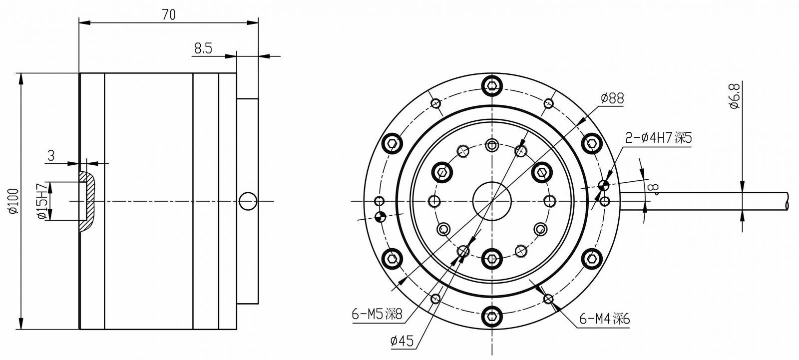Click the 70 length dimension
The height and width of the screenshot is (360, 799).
click(169, 14)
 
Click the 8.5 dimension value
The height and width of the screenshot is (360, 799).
click(203, 48)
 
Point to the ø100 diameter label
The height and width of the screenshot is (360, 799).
click(13, 201)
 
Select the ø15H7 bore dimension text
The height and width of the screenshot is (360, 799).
click(41, 201)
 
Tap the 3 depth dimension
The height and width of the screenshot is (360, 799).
click(51, 156)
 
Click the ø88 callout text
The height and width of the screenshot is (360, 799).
click(612, 98)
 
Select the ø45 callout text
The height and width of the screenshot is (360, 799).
click(402, 342)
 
